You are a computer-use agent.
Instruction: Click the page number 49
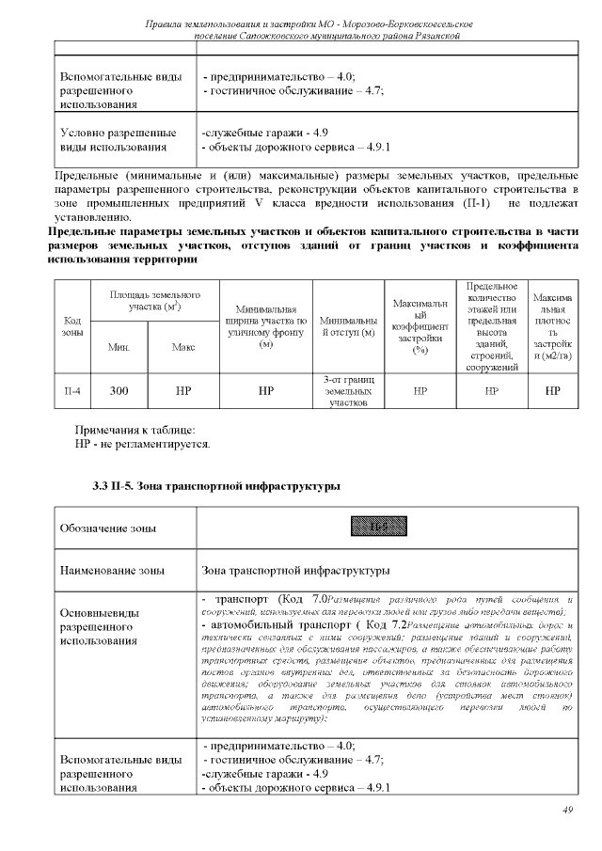pos(567,810)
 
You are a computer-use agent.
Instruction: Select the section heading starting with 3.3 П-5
pos(215,486)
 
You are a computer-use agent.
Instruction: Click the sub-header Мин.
pos(119,347)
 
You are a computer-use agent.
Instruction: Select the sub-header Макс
pos(183,347)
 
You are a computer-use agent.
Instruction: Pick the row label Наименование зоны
pos(112,570)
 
